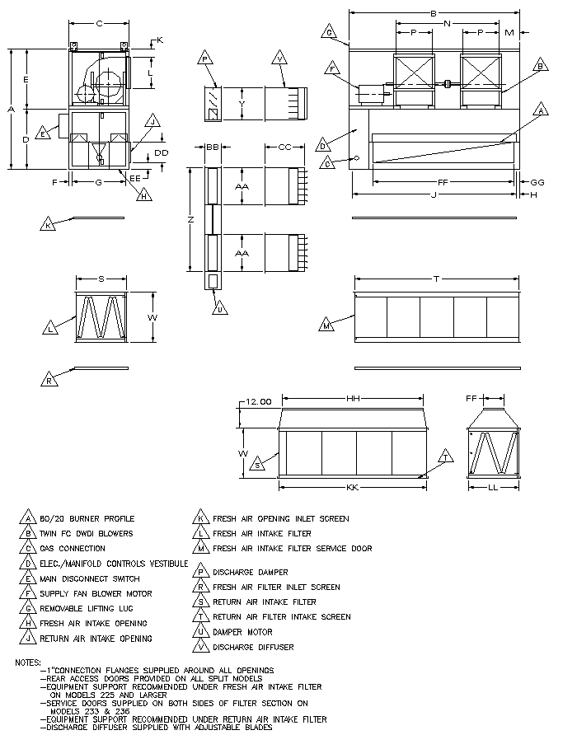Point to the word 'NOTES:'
(30, 662)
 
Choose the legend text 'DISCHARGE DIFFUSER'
(253, 647)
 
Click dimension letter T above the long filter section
(436, 279)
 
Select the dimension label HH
(354, 399)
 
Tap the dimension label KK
(352, 489)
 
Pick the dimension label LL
(494, 489)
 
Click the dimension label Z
(191, 219)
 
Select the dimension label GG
(537, 181)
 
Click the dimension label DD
(162, 153)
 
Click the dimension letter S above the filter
(101, 279)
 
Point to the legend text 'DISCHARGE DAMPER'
(251, 572)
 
